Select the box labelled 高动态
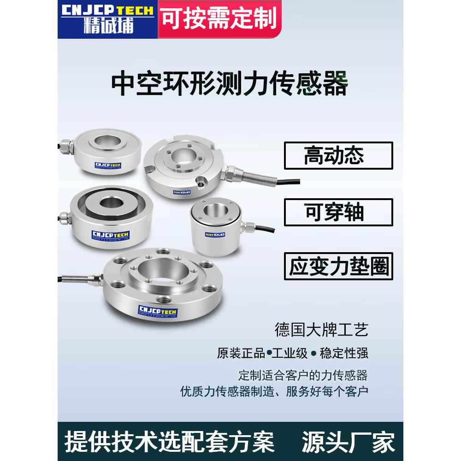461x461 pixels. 338,155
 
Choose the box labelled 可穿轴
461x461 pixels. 338,212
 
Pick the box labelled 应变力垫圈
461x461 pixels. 338,266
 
